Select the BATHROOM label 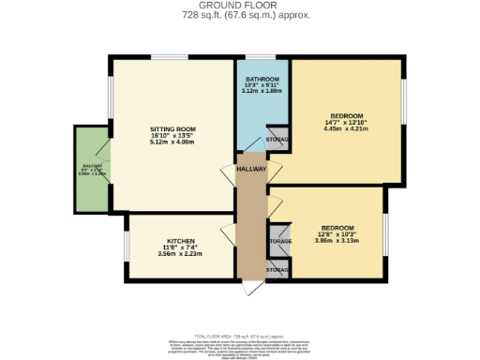(x=262, y=79)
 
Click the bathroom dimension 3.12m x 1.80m (x=262, y=91)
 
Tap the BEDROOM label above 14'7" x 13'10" (x=346, y=116)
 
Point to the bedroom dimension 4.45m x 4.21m (x=346, y=129)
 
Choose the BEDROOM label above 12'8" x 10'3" (x=337, y=229)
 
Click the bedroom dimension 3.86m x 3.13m (x=337, y=242)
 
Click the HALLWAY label (x=251, y=169)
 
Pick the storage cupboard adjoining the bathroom (x=277, y=140)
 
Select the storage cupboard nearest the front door (x=278, y=270)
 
